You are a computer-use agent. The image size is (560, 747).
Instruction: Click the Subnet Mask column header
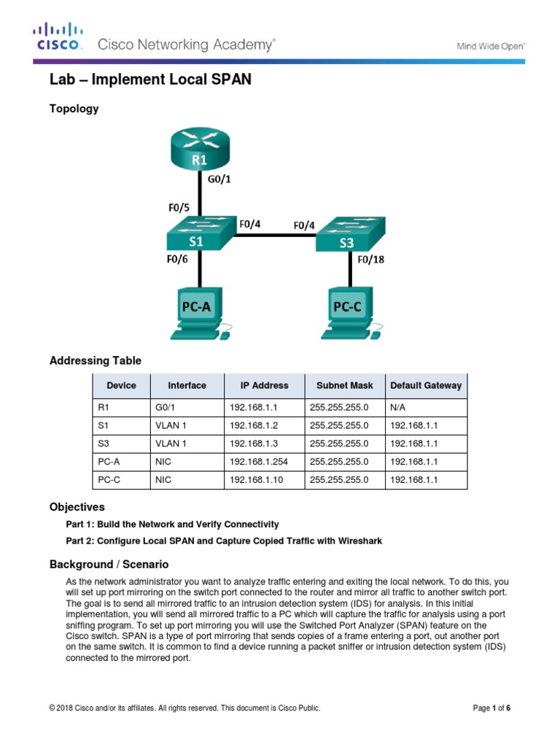pos(344,385)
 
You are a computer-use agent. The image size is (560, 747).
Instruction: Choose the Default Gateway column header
pos(426,385)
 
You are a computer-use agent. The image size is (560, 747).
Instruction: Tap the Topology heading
pos(74,109)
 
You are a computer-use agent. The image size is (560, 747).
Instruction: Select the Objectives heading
pos(77,506)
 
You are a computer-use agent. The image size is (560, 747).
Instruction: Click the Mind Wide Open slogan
pos(490,46)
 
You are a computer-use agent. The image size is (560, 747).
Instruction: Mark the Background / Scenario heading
pos(109,564)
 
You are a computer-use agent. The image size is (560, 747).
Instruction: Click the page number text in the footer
pos(491,707)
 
